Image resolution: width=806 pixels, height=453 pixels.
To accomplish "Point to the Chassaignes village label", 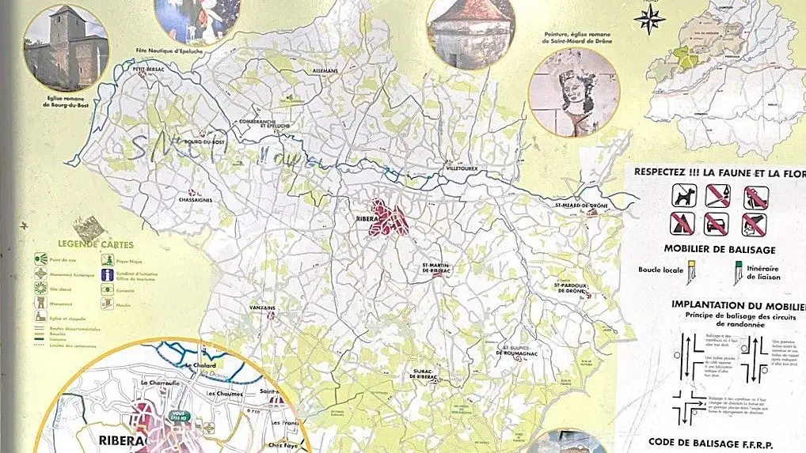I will (x=196, y=201).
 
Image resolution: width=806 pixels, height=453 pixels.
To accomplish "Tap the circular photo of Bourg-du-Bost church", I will (x=66, y=47).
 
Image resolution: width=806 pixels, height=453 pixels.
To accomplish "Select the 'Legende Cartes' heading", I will (x=84, y=245).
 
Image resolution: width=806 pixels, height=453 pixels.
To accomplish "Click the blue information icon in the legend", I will (x=105, y=273).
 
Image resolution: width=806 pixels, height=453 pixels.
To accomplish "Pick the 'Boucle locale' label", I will (x=661, y=269).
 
